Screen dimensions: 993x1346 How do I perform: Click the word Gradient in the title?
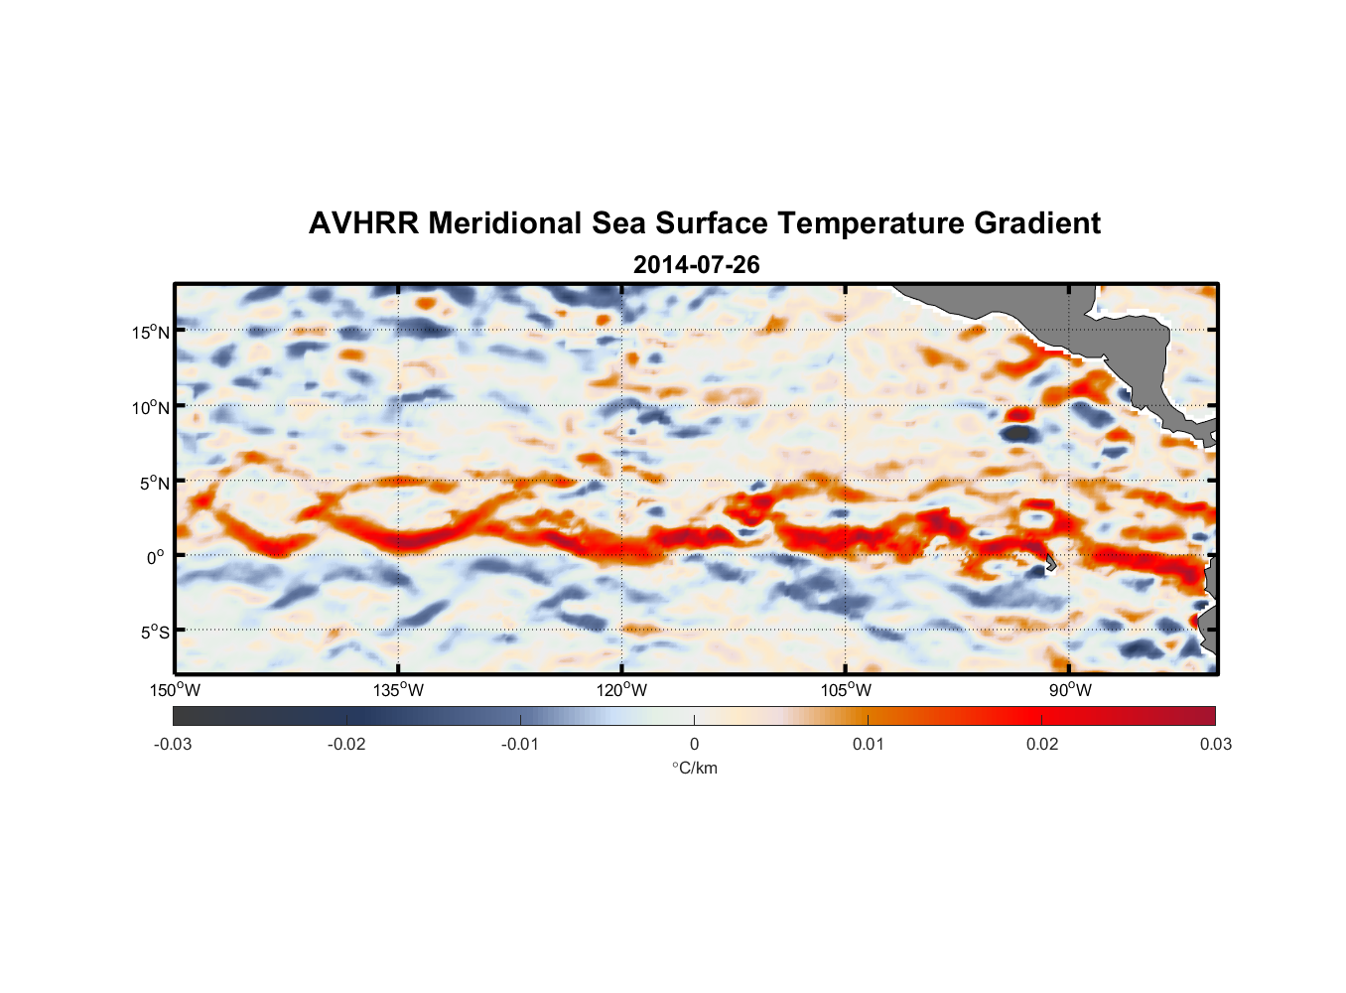coord(1037,223)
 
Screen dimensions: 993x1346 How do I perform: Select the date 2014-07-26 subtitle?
coord(696,265)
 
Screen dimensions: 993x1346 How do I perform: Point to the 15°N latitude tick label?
coord(151,332)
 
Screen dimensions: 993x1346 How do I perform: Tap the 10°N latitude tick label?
coord(151,407)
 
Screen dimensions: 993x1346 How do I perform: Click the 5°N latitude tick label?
coord(154,483)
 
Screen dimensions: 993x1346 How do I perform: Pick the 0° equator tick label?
coord(156,557)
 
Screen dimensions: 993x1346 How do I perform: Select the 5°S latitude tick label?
coord(154,633)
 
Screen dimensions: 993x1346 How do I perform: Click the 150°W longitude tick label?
coord(175,690)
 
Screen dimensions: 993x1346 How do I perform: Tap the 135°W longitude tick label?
coord(398,690)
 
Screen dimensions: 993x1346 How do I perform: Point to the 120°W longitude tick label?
coord(621,690)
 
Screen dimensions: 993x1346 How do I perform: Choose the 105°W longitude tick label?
coord(846,690)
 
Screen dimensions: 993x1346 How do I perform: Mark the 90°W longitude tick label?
coord(1070,690)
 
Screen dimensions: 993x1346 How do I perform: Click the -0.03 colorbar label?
coord(173,744)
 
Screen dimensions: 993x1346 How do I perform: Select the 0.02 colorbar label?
coord(1042,744)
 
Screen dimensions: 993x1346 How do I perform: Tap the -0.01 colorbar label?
coord(520,744)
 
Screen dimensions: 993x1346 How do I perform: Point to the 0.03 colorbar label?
coord(1215,744)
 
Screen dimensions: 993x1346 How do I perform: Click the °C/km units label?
coord(695,768)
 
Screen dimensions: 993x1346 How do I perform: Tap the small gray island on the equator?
coord(1050,563)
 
